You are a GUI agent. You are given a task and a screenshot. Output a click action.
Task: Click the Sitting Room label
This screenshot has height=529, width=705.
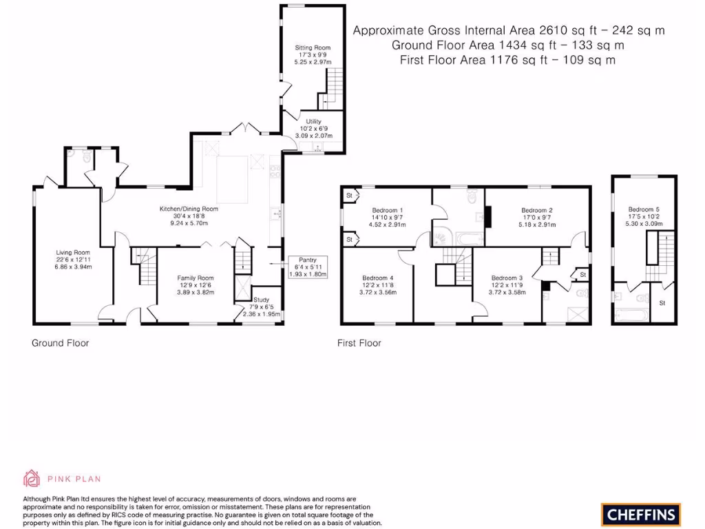[310, 48]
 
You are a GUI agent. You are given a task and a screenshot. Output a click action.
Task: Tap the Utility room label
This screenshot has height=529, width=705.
[314, 121]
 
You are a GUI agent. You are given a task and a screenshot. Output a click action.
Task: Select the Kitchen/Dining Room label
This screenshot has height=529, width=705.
[189, 209]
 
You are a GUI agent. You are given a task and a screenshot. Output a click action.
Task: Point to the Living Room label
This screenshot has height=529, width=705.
[73, 253]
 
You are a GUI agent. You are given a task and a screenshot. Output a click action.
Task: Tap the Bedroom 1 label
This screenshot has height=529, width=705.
[387, 210]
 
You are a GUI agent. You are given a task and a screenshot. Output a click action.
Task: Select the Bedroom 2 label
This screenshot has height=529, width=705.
[537, 210]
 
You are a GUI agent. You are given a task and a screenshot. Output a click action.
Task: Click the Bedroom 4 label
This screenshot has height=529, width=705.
[379, 278]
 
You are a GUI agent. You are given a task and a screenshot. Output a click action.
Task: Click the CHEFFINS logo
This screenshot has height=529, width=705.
[641, 514]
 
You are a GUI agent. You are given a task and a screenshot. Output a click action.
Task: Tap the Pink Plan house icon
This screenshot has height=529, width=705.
[32, 477]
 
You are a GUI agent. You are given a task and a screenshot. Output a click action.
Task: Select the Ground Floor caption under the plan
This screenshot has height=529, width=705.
[61, 342]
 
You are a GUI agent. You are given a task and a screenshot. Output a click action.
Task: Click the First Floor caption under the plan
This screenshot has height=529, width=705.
[359, 342]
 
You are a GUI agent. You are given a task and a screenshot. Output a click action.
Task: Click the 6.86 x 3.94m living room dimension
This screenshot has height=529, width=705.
[73, 267]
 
